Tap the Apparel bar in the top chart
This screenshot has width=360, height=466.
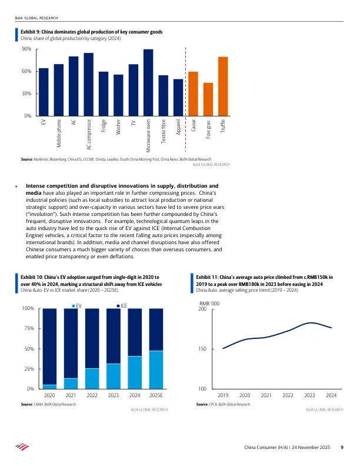[x=178, y=97]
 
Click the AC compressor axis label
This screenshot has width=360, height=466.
[x=89, y=134]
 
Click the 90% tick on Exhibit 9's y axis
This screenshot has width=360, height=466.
[x=26, y=49]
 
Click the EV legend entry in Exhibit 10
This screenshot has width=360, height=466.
[x=76, y=306]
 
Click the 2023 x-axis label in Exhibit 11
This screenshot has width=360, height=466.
[x=309, y=395]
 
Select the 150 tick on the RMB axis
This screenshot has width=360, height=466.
[x=203, y=349]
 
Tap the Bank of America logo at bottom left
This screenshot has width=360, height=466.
[x=22, y=448]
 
